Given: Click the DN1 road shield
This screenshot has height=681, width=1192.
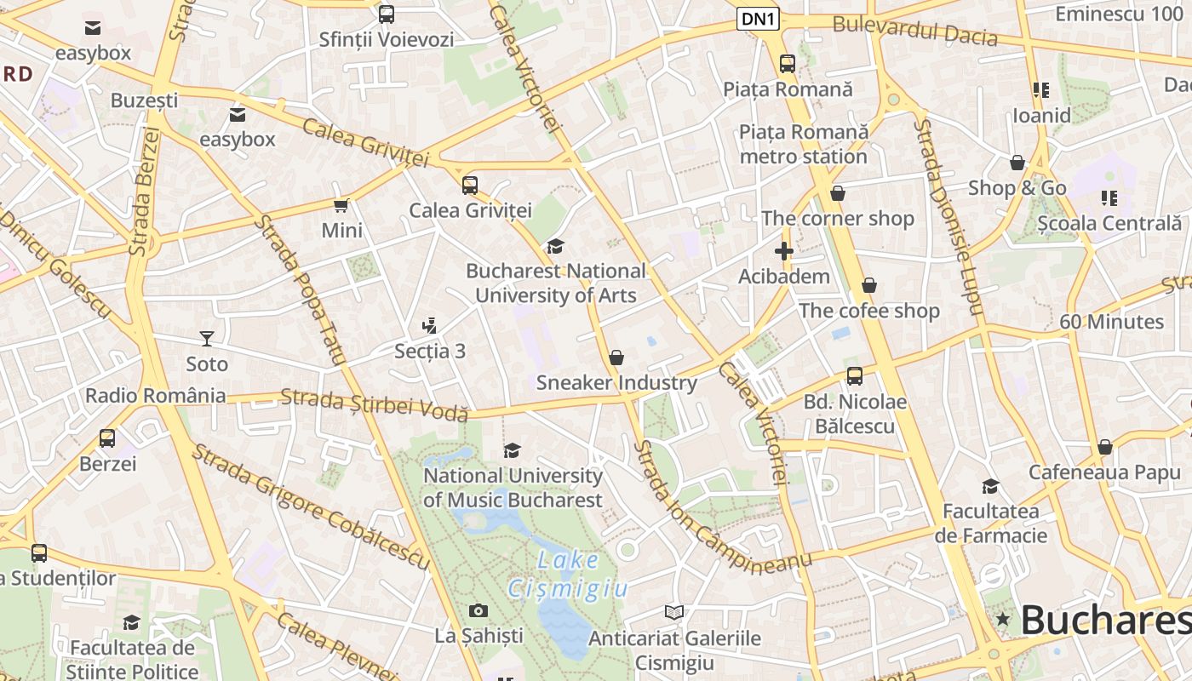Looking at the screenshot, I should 758,19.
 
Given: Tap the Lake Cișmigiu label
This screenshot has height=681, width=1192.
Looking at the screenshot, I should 568,575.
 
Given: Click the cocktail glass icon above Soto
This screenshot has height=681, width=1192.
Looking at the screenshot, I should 206,339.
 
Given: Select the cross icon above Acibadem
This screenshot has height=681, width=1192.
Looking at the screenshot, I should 783,251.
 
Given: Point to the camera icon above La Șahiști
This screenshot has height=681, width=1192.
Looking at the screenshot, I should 479,610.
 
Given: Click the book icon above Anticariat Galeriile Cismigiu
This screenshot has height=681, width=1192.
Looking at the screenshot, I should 673,612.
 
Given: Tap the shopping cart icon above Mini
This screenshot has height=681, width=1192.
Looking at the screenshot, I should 341,205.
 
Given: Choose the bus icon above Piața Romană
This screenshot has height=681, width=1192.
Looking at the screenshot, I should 787,63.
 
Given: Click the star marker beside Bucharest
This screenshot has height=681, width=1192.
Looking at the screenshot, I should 1003,619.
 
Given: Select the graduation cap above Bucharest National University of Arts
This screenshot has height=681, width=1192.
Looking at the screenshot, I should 555,246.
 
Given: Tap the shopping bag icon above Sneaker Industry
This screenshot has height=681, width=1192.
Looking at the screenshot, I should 616,358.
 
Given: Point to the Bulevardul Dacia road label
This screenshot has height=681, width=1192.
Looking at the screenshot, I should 914,30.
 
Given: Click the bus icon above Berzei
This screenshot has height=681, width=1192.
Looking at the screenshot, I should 107,438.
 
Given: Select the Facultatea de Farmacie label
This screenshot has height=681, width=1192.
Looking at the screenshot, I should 990,524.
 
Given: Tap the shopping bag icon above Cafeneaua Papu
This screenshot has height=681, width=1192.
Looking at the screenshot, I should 1104,447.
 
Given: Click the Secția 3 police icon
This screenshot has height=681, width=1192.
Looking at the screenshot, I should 429,325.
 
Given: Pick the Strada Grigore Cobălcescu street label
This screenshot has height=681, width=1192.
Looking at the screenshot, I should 310,506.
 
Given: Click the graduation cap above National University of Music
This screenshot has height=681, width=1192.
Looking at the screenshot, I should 512,450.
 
